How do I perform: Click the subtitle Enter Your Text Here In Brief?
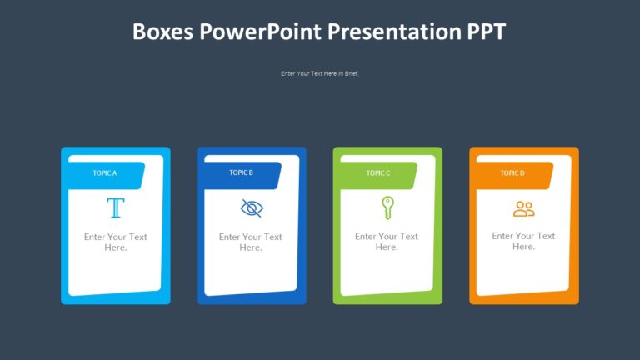point(319,73)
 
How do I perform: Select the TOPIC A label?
point(105,173)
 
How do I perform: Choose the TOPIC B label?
point(241,173)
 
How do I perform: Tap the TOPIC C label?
point(377,173)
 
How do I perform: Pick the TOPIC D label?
point(512,173)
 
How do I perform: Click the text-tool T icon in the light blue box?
point(115,207)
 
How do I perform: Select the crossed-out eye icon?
point(251,207)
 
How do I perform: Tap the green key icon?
point(387,207)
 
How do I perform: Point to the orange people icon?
point(523,208)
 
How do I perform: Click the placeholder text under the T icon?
point(115,242)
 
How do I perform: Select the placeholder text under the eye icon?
point(251,242)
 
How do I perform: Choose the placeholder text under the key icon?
point(387,242)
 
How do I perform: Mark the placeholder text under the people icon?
point(523,241)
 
